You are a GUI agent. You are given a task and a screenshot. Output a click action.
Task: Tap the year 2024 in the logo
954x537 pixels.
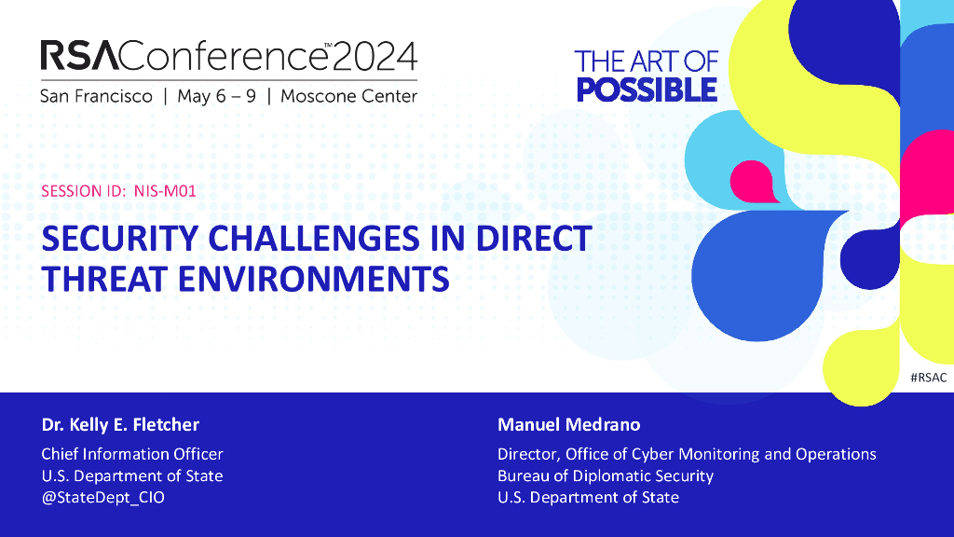[x=375, y=56]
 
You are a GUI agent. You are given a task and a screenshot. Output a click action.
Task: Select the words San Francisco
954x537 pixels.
[x=96, y=96]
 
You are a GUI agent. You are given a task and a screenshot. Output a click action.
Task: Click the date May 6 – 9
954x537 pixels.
[x=216, y=96]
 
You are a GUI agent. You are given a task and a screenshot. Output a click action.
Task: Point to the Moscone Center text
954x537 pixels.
[x=348, y=96]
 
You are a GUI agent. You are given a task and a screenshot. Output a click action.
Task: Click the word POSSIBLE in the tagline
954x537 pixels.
[x=647, y=90]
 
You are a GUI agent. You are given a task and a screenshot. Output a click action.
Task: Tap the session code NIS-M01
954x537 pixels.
[x=165, y=191]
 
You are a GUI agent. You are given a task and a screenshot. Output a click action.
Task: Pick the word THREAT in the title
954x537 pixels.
[x=104, y=280]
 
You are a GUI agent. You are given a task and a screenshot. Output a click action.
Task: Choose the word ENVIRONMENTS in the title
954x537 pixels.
[x=313, y=280]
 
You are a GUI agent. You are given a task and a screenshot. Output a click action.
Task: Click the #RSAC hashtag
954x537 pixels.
[x=929, y=378]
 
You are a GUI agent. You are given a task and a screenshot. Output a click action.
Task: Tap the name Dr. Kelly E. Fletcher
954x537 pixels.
[x=120, y=424]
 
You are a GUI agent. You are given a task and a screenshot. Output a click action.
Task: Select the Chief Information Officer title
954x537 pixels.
[x=132, y=454]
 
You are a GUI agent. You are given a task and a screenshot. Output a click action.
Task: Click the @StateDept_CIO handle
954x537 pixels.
[x=102, y=498]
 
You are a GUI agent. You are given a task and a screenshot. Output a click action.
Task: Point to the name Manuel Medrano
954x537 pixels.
[x=569, y=424]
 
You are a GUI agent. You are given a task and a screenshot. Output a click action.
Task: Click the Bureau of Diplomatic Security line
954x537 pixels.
[x=606, y=475]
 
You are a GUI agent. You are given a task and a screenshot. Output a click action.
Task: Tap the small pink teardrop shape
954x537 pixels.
[x=753, y=182]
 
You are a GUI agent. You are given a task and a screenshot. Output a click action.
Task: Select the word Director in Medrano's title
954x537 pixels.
[x=527, y=454]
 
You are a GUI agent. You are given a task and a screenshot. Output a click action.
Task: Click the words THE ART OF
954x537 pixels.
[x=647, y=62]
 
